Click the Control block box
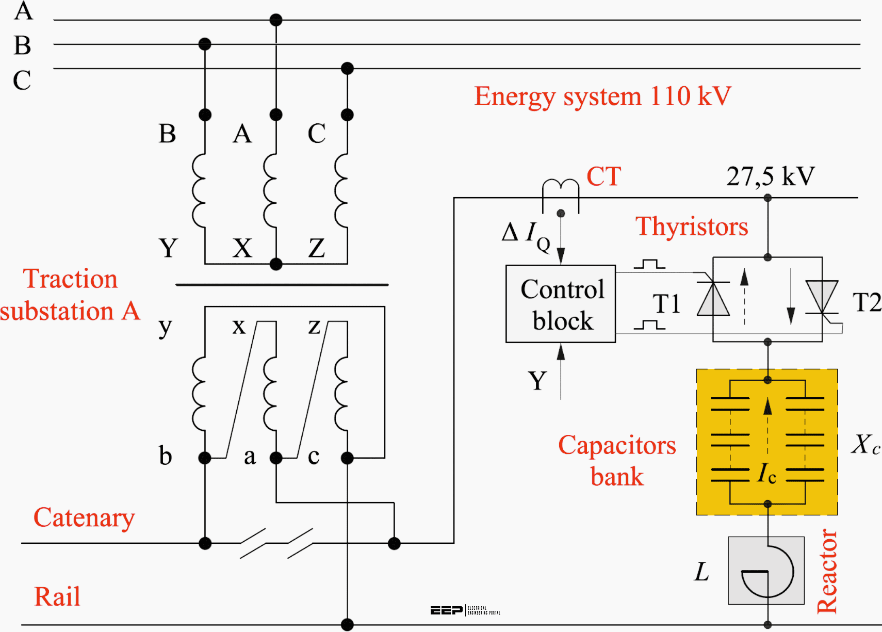click(561, 304)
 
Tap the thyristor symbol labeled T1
click(713, 299)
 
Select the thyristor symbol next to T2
click(821, 297)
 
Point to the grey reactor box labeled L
click(766, 570)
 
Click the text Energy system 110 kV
click(602, 96)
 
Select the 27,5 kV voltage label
click(771, 176)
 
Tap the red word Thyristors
click(691, 226)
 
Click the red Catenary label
click(84, 517)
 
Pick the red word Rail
click(57, 596)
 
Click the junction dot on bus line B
click(205, 44)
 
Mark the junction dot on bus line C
click(347, 68)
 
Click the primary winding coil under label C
click(341, 190)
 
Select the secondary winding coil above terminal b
click(199, 394)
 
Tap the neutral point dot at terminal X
click(276, 264)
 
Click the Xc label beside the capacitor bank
click(865, 444)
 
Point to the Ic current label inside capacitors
click(766, 473)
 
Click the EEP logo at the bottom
click(447, 610)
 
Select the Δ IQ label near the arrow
click(526, 235)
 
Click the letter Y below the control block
click(537, 381)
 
